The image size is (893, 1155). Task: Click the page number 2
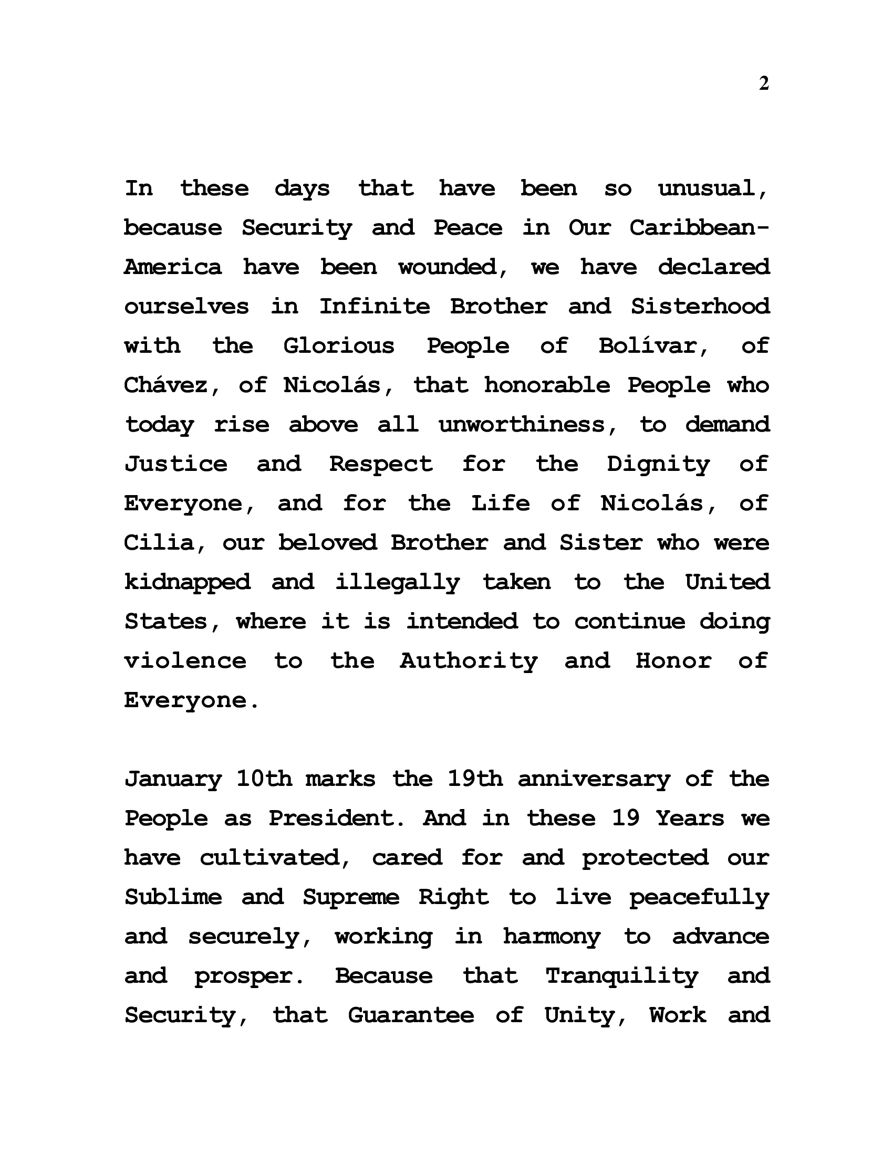click(763, 83)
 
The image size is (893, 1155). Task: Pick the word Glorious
click(339, 346)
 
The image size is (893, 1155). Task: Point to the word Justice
click(176, 464)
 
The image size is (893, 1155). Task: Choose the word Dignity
click(659, 464)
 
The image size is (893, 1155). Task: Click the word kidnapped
click(188, 582)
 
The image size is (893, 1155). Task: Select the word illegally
click(398, 582)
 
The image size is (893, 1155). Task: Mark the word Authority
click(469, 661)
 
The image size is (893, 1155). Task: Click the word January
click(173, 779)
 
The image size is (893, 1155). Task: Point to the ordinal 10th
click(264, 779)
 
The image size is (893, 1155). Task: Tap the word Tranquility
click(622, 976)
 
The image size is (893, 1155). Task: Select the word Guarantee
click(411, 1015)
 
